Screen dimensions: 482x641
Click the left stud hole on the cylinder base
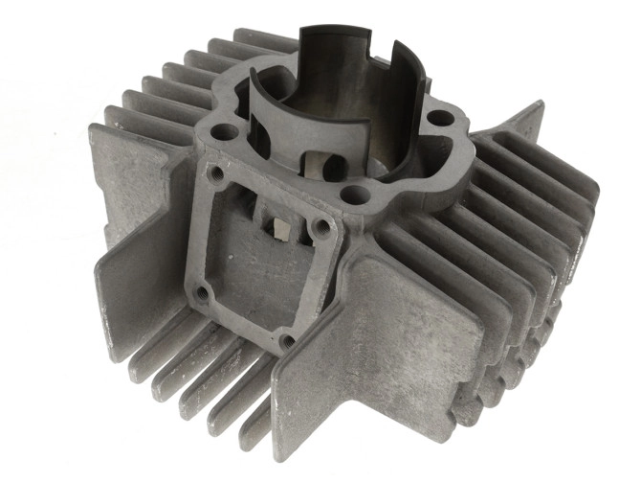coord(227,130)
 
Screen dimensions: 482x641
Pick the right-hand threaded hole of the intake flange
coord(323,227)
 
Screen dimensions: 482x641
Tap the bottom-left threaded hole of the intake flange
coord(204,292)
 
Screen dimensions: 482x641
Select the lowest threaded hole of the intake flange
coord(286,339)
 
